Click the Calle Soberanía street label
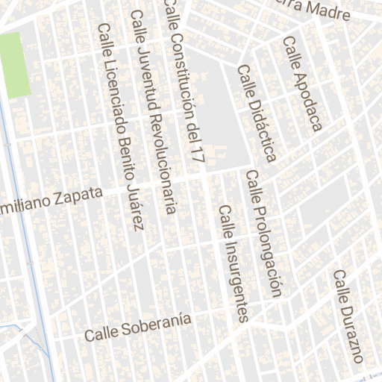tap(137, 328)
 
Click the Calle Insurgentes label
tap(233, 263)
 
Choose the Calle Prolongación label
tap(265, 234)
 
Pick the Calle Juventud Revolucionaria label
tap(153, 112)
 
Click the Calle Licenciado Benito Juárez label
tap(120, 127)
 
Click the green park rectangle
tap(16, 65)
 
